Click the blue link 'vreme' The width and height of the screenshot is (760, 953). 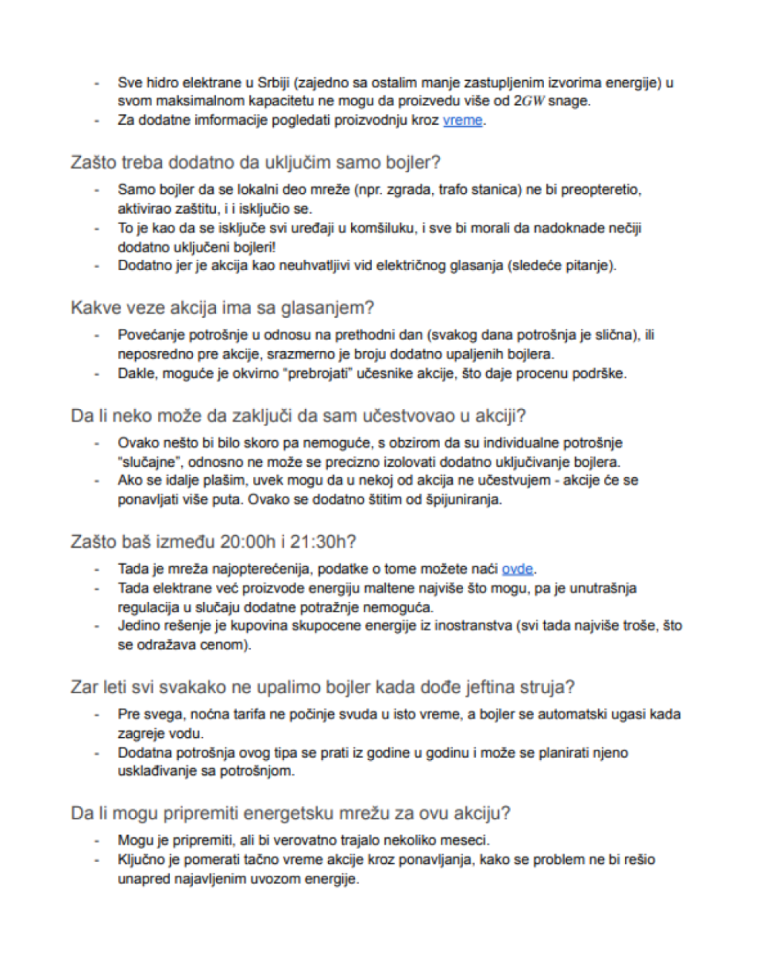point(462,120)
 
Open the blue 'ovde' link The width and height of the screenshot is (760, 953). point(517,569)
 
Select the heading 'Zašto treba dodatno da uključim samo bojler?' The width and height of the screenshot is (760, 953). point(255,162)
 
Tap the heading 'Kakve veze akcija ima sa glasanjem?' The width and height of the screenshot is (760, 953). point(222,307)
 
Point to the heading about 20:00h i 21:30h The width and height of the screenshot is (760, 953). point(213,542)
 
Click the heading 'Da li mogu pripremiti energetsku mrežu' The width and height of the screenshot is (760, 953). point(290,813)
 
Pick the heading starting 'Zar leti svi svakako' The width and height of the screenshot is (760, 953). point(322,687)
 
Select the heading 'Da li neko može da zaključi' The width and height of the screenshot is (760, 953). point(298,416)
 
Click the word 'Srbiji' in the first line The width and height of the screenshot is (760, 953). point(275,82)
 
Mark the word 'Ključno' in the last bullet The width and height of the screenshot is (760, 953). point(141,860)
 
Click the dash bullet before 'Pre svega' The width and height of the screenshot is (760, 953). point(96,715)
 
